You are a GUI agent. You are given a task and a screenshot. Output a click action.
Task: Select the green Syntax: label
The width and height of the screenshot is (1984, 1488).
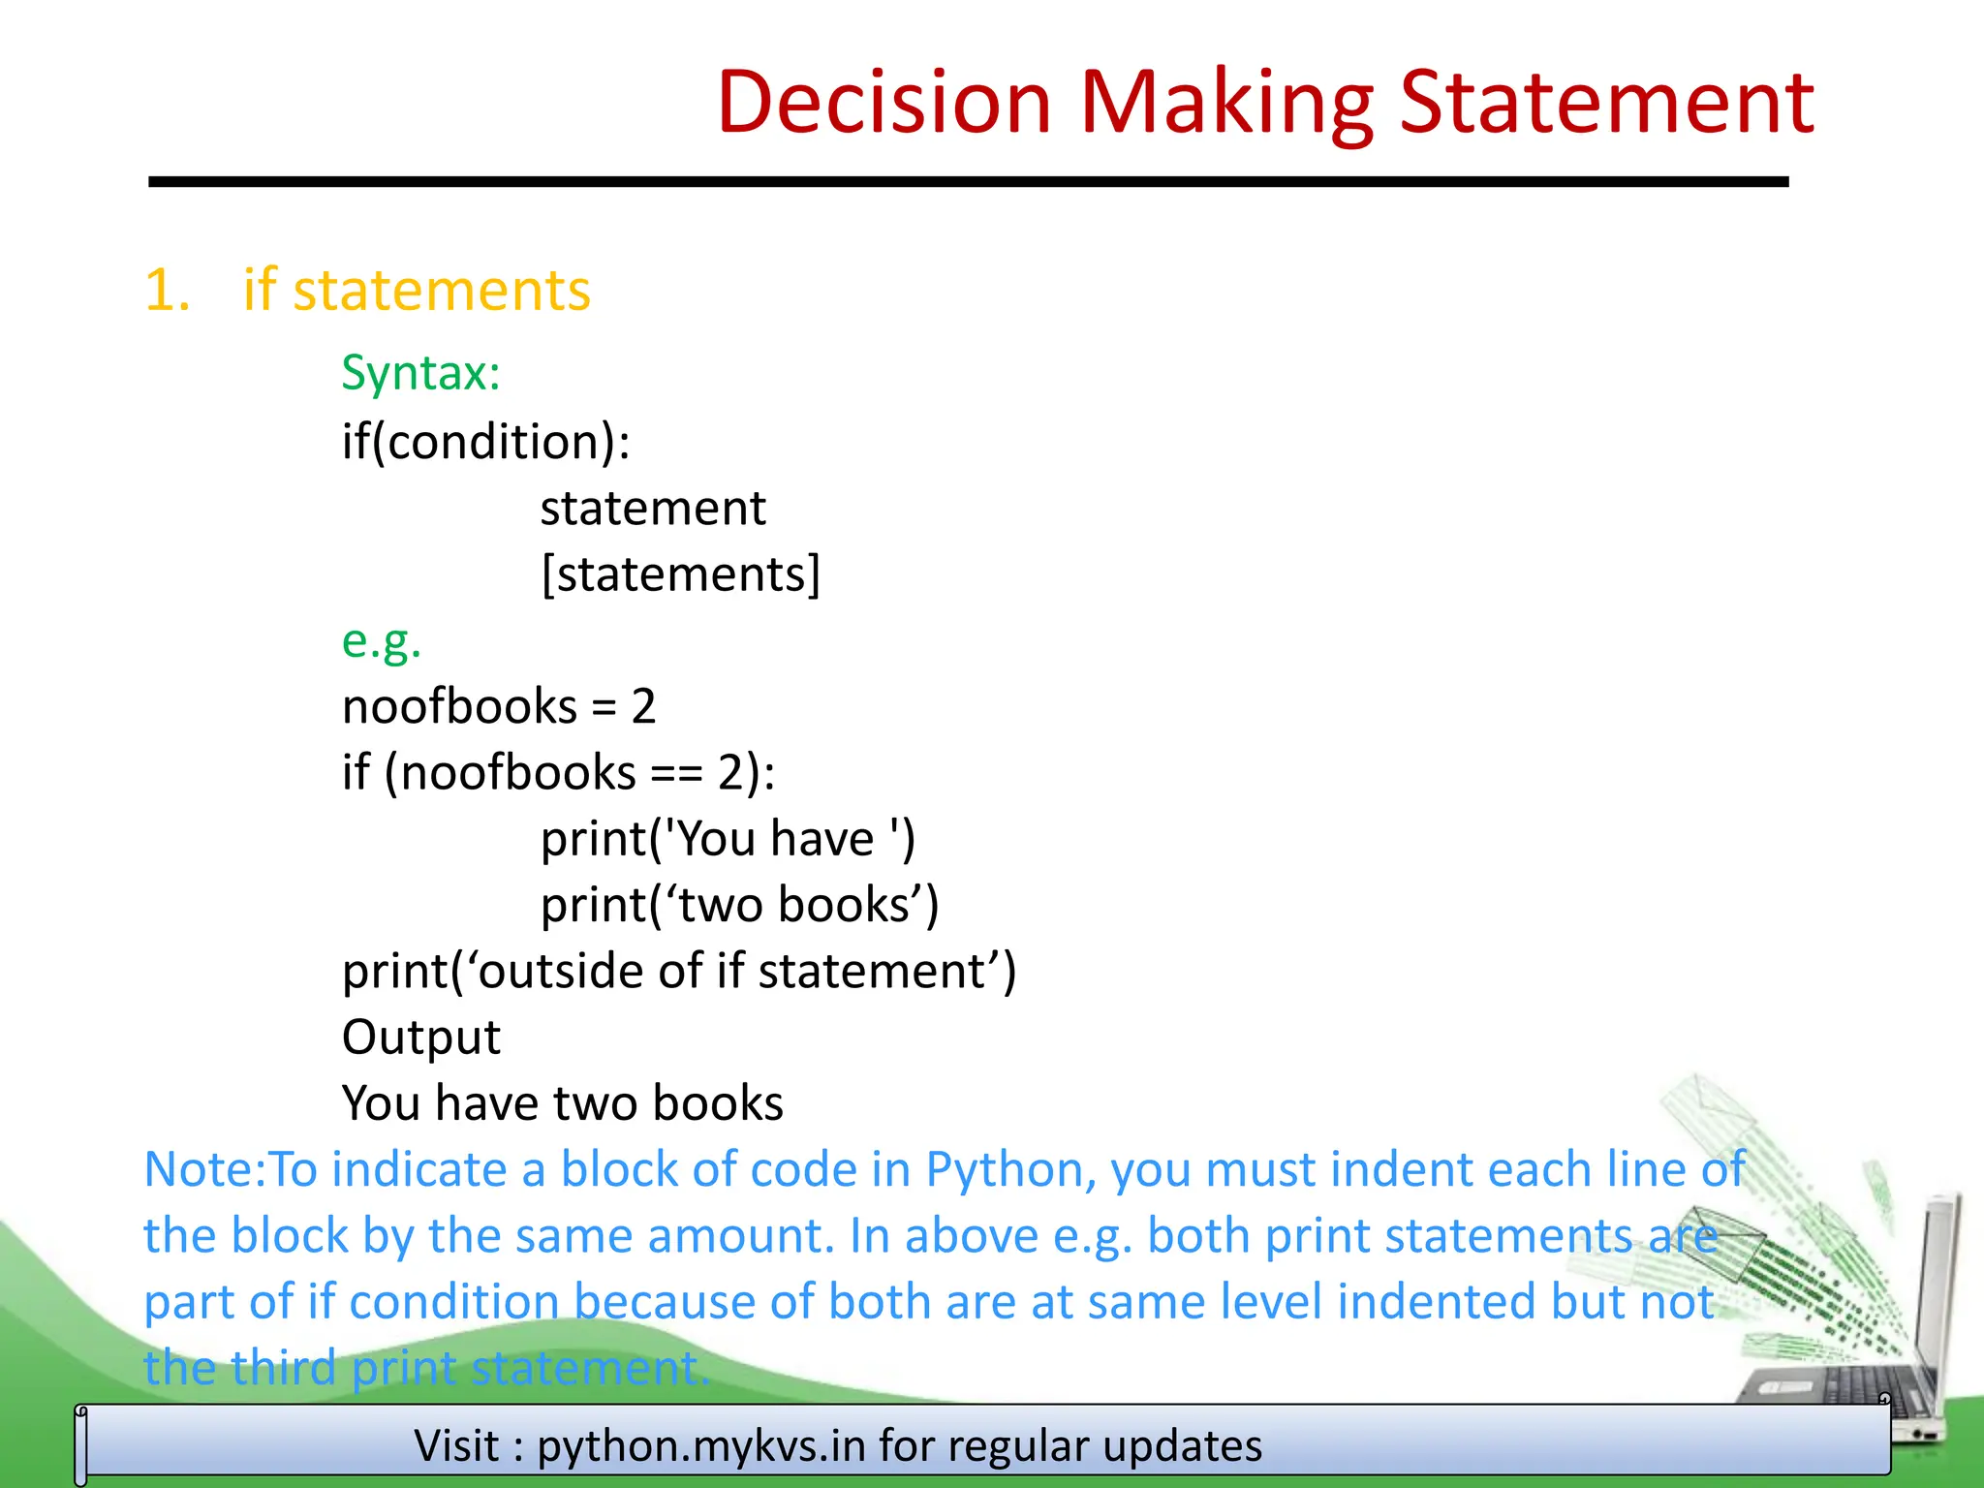point(420,373)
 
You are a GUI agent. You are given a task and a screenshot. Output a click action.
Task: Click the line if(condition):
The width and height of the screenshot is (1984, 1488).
point(485,443)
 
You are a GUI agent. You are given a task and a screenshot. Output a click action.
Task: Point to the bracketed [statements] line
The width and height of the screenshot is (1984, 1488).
point(680,574)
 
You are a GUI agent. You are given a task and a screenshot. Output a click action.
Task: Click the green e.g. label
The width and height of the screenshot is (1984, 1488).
point(382,641)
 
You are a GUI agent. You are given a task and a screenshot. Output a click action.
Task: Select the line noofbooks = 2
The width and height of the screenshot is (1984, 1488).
point(499,706)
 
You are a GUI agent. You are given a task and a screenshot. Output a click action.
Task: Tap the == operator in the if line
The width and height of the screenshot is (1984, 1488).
point(676,773)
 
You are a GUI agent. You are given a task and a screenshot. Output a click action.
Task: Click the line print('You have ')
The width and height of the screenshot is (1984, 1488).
point(728,839)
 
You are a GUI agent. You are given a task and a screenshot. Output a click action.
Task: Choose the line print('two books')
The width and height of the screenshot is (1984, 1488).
point(739,905)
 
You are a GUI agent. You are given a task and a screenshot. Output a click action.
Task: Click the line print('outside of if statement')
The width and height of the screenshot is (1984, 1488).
point(679,971)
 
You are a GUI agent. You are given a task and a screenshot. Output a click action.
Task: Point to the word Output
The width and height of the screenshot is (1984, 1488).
point(421,1038)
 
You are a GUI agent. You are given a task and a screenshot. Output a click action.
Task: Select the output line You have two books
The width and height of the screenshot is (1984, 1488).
point(562,1103)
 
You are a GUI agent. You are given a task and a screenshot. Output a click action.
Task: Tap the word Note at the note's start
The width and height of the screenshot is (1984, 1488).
point(198,1170)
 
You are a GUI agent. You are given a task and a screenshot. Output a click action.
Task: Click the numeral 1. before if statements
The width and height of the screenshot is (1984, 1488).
point(167,291)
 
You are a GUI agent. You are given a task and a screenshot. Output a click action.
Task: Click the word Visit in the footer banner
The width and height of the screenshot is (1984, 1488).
point(457,1446)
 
